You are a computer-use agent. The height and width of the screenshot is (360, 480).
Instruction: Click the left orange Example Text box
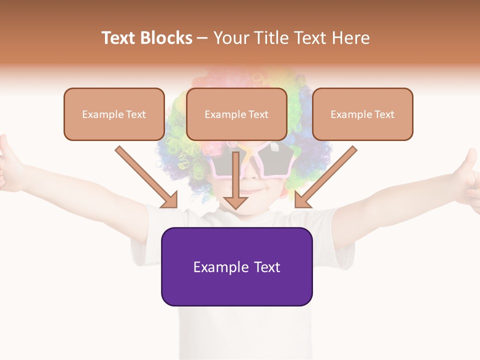coord(114,114)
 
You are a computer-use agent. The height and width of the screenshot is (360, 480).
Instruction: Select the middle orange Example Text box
coord(236,114)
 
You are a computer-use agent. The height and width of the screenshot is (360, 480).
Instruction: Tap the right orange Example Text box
coord(362,114)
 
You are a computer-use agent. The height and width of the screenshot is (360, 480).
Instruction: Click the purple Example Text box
coord(236,266)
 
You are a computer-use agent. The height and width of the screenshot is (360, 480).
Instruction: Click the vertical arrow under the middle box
coord(235,180)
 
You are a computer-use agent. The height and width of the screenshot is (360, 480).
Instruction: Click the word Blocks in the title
coord(166,38)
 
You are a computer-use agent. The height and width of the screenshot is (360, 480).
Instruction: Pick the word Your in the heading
coord(229,38)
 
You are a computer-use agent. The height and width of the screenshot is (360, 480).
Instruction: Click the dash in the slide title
coord(202,38)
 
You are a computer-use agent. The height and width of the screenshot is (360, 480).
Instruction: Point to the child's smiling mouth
coord(256,191)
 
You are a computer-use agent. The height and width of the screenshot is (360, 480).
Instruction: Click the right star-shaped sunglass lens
coord(274,160)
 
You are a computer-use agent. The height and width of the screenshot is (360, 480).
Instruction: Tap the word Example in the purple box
coord(221,267)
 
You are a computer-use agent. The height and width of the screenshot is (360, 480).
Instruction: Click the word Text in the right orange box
coord(384,114)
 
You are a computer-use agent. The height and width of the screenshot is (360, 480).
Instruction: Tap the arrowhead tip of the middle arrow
coord(235,207)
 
